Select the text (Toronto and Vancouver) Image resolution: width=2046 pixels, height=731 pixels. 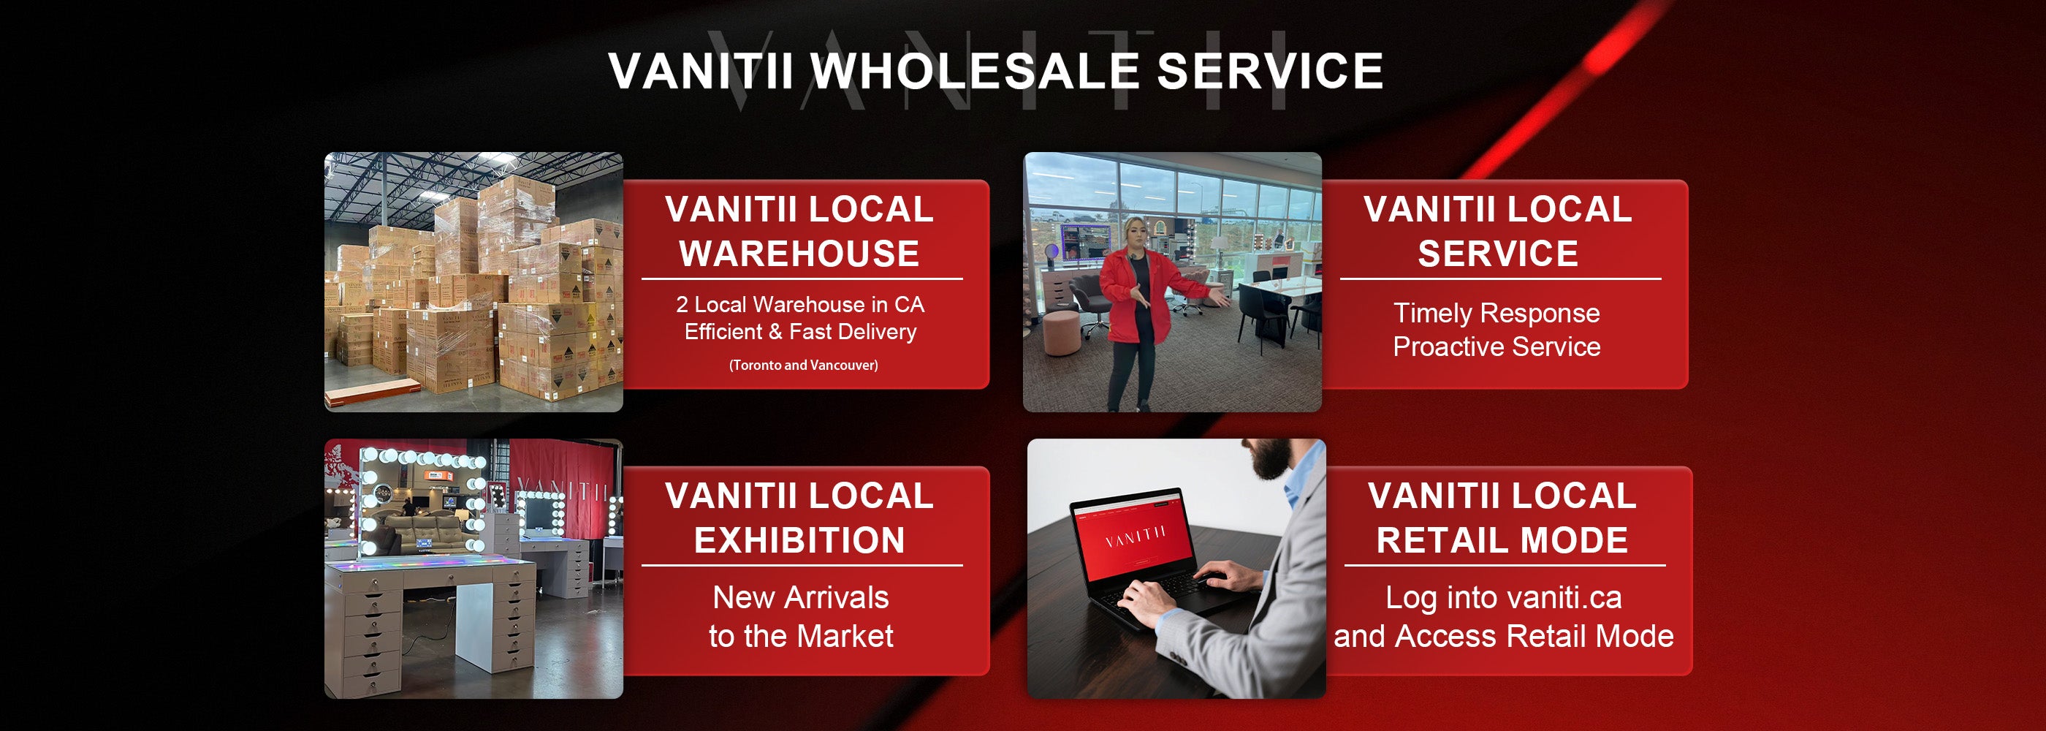click(804, 365)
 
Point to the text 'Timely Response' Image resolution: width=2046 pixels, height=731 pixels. click(1497, 313)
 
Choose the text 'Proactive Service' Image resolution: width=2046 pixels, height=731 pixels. click(1497, 346)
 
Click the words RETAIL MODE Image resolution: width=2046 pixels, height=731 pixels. click(1502, 540)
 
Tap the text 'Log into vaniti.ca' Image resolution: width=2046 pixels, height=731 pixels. click(1504, 597)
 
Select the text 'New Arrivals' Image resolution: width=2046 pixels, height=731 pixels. click(801, 597)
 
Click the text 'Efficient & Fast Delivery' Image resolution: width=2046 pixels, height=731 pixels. click(801, 331)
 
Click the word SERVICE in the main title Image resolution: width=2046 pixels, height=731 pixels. click(1270, 71)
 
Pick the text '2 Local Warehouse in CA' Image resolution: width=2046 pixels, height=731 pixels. click(801, 304)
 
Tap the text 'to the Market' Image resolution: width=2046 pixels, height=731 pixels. click(801, 636)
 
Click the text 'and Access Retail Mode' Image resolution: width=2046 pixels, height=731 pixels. click(1504, 636)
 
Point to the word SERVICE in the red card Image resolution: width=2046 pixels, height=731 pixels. click(1498, 254)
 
